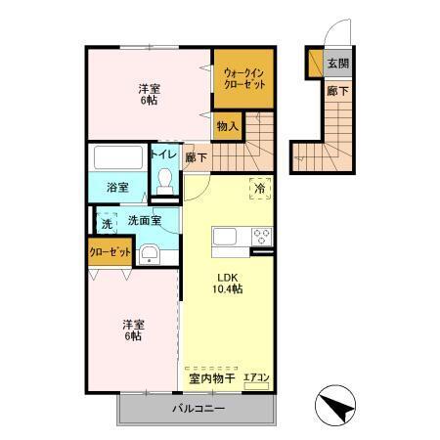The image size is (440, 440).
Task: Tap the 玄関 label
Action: pyautogui.click(x=337, y=64)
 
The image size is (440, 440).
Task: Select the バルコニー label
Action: pyautogui.click(x=199, y=408)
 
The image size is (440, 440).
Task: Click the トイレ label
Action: pyautogui.click(x=162, y=154)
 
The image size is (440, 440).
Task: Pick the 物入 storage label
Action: pyautogui.click(x=228, y=126)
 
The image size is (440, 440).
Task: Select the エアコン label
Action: pyautogui.click(x=256, y=376)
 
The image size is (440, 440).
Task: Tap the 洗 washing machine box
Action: pyautogui.click(x=106, y=223)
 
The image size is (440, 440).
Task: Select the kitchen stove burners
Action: pyautogui.click(x=261, y=238)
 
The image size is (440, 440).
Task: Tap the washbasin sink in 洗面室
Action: pyautogui.click(x=149, y=256)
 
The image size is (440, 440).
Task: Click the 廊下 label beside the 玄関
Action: pyautogui.click(x=336, y=91)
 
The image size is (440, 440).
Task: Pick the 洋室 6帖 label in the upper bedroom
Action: pyautogui.click(x=149, y=95)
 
